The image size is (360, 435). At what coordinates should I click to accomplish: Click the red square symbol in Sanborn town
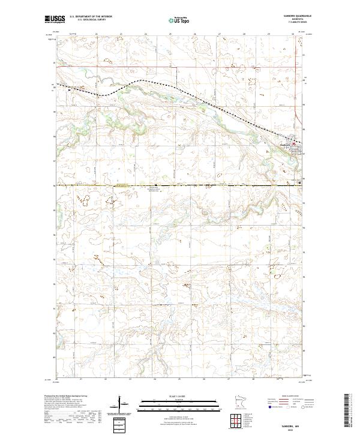tap(293, 143)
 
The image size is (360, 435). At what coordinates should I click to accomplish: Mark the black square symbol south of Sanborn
tap(299, 183)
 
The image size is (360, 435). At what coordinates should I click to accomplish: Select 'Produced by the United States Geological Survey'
tap(65, 396)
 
